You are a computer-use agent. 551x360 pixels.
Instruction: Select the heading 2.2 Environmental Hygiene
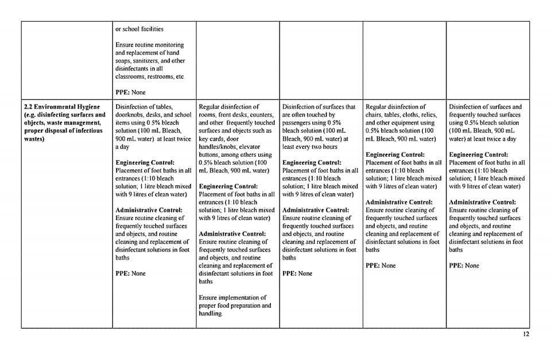61,107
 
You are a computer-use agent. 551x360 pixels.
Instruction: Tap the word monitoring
166,45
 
